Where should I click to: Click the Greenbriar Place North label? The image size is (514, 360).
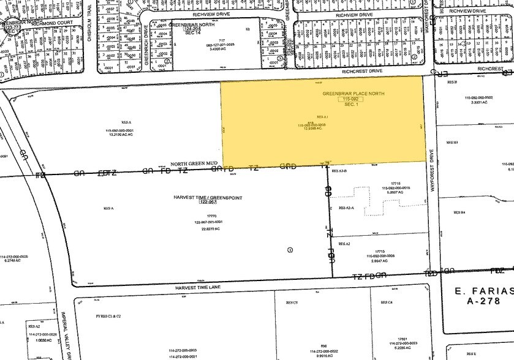tap(346, 92)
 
